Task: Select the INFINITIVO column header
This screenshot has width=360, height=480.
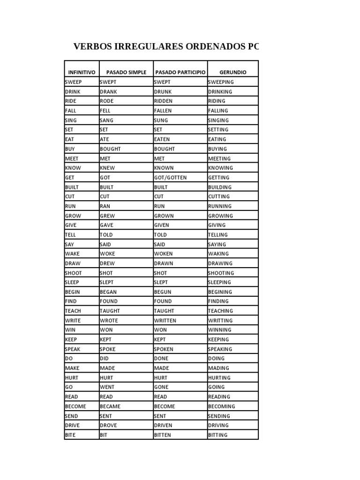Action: point(82,73)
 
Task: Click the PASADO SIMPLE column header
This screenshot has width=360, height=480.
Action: point(126,73)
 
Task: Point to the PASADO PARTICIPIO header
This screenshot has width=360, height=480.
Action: point(180,73)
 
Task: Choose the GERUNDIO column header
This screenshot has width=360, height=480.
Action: point(232,73)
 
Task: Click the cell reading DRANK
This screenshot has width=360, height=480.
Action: point(108,92)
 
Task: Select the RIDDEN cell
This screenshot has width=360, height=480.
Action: point(163,101)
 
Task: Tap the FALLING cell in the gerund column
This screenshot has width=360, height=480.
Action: point(218,111)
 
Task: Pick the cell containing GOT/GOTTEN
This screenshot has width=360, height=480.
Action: point(170,178)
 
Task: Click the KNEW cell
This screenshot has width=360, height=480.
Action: point(107,168)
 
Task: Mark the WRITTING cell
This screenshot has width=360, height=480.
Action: point(220,321)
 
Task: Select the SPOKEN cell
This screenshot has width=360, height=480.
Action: point(164,349)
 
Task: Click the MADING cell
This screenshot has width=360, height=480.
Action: point(218,368)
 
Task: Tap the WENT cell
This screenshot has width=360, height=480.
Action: point(107,387)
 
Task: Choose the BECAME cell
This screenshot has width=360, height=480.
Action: point(110,406)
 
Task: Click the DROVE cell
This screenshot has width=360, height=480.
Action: point(108,425)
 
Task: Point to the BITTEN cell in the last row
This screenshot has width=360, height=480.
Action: point(163,435)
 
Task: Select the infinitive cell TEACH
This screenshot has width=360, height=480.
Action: point(73,311)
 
